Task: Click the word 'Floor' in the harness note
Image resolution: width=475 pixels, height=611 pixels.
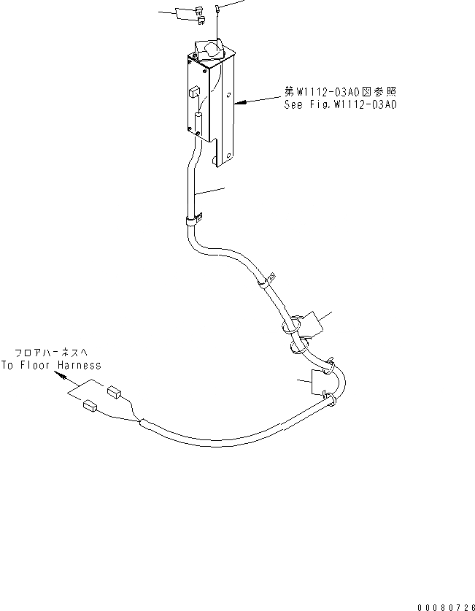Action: pyautogui.click(x=41, y=365)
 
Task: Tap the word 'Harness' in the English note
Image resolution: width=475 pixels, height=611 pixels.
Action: pyautogui.click(x=80, y=365)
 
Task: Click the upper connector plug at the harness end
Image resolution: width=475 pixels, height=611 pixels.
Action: pyautogui.click(x=113, y=393)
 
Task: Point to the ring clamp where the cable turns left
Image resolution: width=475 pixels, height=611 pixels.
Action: pyautogui.click(x=331, y=398)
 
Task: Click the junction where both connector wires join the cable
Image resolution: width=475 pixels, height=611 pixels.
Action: pyautogui.click(x=139, y=421)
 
